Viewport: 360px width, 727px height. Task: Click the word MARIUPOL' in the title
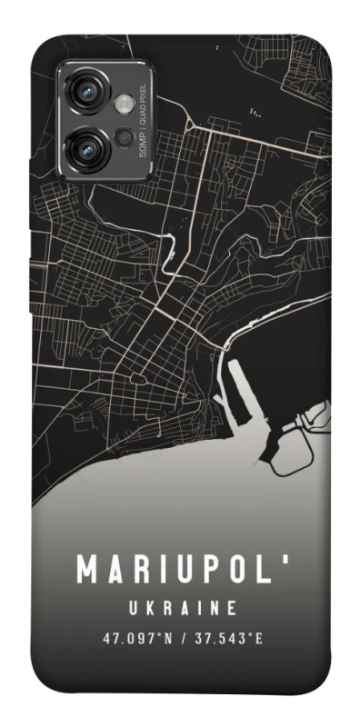pyautogui.click(x=179, y=570)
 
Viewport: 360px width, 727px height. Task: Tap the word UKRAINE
pyautogui.click(x=180, y=607)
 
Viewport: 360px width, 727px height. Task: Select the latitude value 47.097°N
pyautogui.click(x=136, y=638)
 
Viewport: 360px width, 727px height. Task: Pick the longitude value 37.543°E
pyautogui.click(x=225, y=638)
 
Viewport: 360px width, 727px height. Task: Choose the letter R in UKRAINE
pyautogui.click(x=161, y=607)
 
